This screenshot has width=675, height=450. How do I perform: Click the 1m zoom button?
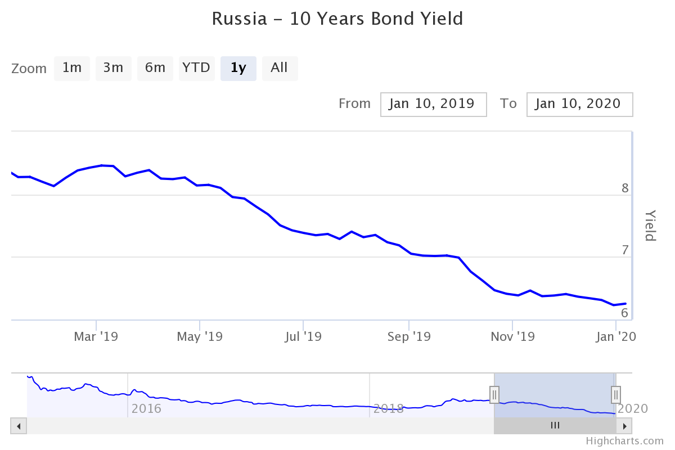[x=72, y=69]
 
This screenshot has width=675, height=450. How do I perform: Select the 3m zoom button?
[x=113, y=69]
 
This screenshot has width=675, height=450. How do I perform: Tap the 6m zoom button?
[x=155, y=69]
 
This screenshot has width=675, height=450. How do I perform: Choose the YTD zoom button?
[x=196, y=69]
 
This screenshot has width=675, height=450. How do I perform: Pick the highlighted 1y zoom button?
[x=238, y=69]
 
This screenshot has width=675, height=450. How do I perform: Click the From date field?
[x=433, y=105]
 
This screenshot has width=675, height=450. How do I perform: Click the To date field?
[x=579, y=105]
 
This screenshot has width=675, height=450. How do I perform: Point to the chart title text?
[x=337, y=19]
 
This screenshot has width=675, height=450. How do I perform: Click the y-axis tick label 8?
[x=625, y=188]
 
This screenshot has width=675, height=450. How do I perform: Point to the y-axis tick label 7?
[x=625, y=250]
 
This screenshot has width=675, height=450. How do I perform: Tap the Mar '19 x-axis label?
[x=96, y=337]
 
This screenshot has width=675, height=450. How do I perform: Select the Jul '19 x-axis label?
[x=303, y=337]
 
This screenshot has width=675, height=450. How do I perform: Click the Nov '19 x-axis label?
[x=512, y=337]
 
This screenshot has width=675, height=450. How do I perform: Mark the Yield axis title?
[x=650, y=226]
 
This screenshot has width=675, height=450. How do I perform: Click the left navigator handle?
[x=494, y=394]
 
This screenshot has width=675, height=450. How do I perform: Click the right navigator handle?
[x=616, y=394]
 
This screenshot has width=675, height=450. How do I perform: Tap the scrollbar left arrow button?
[x=19, y=426]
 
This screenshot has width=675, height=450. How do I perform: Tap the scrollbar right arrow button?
[x=624, y=426]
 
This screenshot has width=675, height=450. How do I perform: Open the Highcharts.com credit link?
[x=624, y=441]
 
